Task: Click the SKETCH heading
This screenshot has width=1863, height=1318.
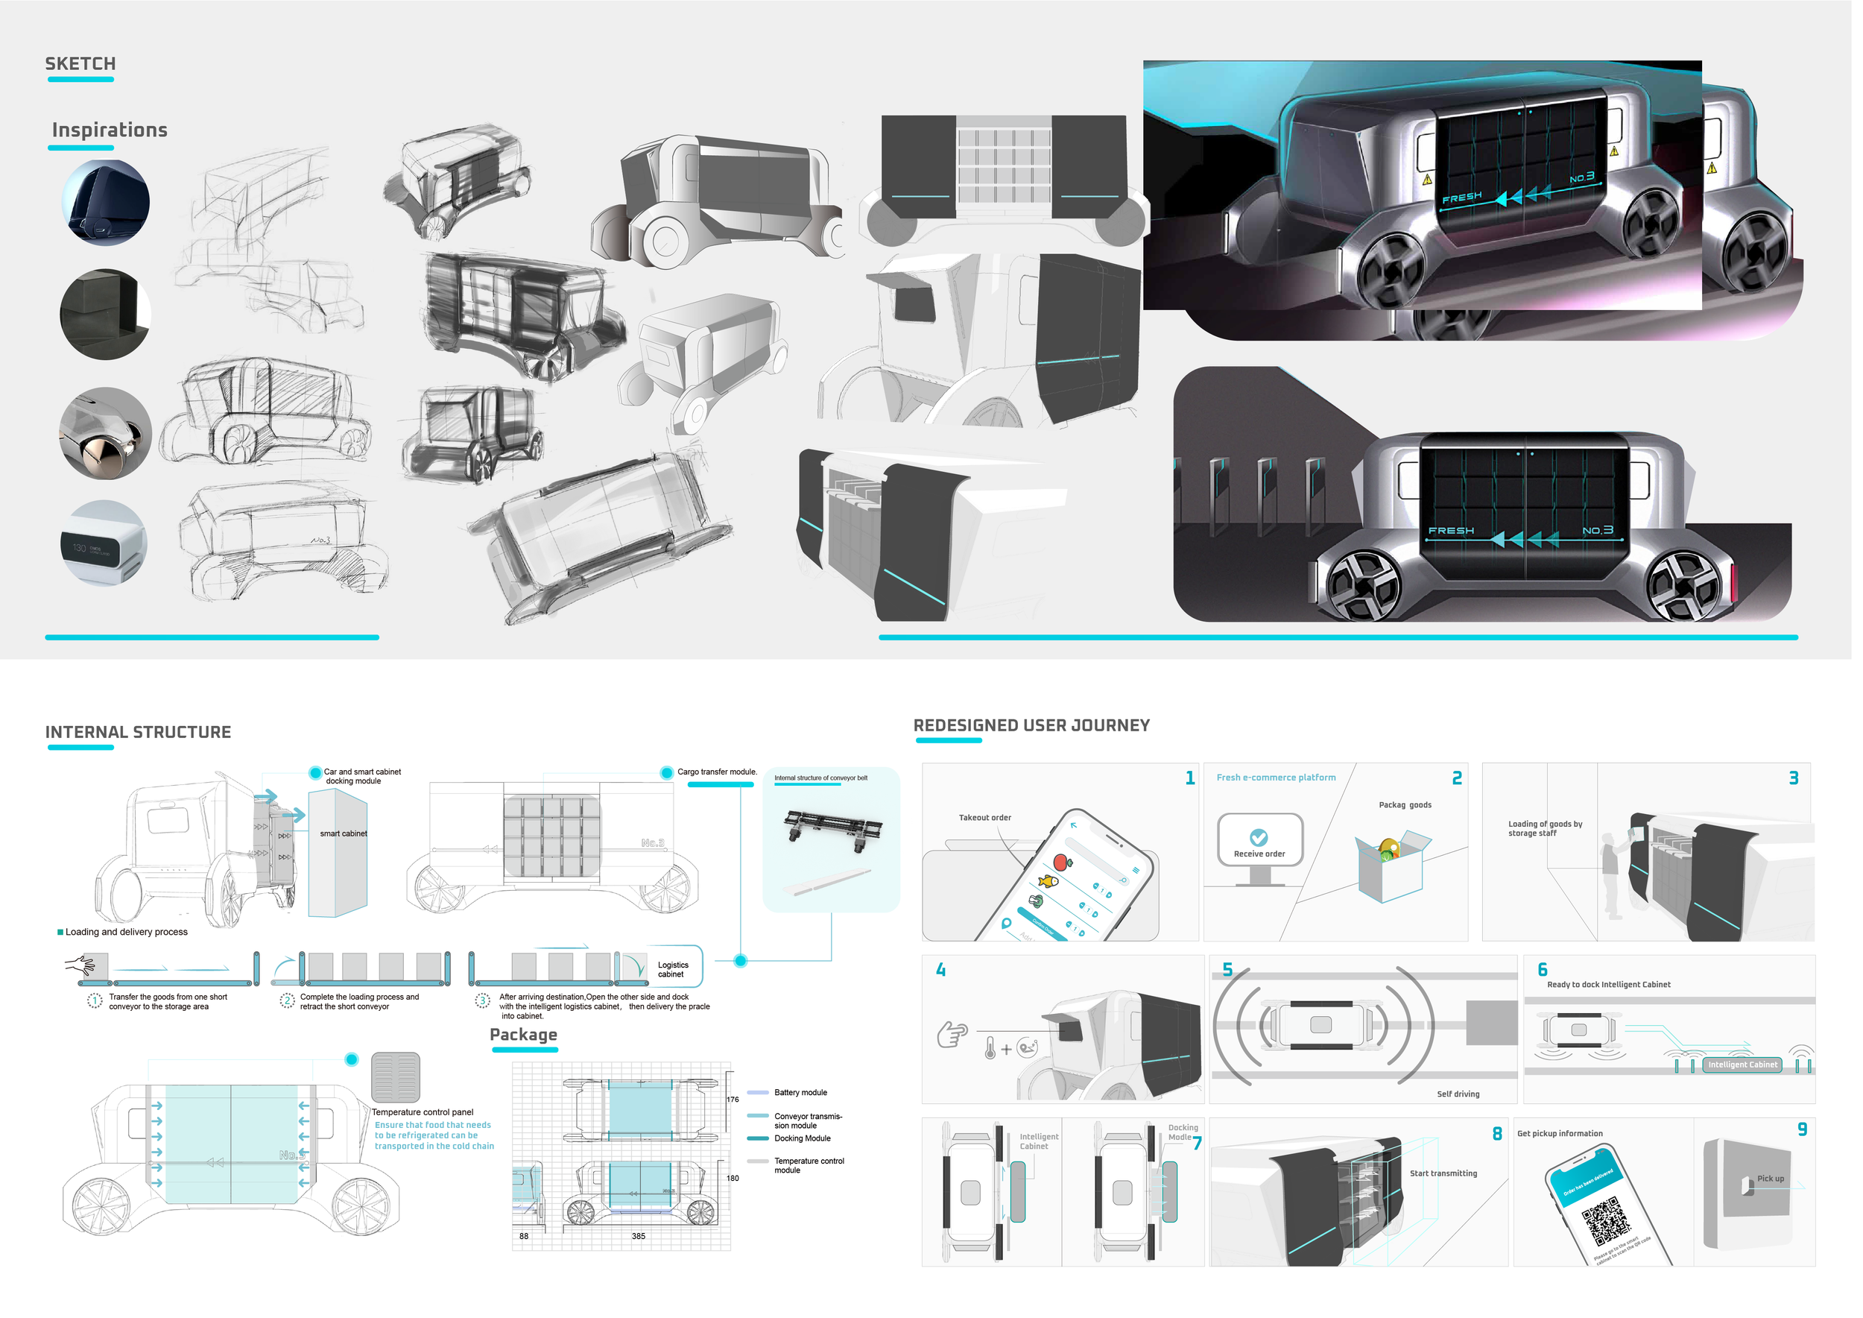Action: point(80,64)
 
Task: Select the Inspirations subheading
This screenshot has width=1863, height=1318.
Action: point(110,130)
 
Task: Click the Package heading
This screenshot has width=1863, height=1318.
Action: point(527,1041)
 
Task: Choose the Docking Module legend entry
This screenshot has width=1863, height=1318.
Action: point(806,1145)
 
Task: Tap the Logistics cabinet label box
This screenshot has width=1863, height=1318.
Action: point(677,976)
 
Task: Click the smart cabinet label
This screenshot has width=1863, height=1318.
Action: point(346,839)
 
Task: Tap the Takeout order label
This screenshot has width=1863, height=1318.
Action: point(990,823)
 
